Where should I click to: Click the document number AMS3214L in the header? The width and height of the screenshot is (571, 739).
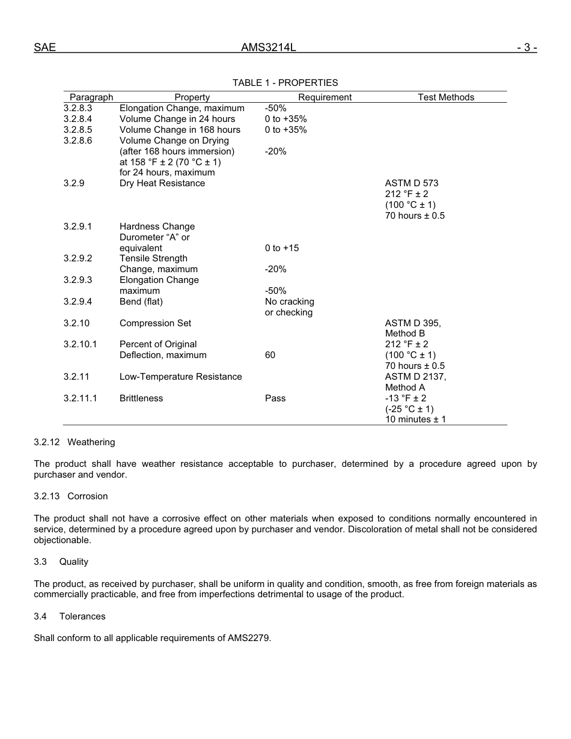269,47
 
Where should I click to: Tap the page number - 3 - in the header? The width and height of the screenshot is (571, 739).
526,47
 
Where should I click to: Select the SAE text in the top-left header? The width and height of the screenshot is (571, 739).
44,47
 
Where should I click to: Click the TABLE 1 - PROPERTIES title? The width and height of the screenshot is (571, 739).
285,83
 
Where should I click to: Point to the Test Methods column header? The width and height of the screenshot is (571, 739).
446,97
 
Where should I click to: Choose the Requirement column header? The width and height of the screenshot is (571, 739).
325,97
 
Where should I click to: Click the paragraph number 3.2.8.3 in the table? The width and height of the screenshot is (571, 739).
78,108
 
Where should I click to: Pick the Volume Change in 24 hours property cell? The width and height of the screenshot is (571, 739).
177,119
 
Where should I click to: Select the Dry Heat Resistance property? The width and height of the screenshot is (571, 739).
162,183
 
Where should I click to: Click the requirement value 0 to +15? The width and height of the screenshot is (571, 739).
282,248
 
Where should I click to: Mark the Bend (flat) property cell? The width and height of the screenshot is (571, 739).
141,302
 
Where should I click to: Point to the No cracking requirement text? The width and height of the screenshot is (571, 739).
290,302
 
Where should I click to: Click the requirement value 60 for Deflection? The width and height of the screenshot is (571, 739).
270,355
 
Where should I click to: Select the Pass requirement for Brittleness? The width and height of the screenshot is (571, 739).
275,398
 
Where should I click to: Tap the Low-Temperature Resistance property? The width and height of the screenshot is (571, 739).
181,377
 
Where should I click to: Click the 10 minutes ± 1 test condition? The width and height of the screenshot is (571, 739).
416,420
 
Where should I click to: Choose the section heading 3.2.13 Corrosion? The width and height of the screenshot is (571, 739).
71,496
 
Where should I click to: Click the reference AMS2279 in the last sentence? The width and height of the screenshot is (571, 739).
248,638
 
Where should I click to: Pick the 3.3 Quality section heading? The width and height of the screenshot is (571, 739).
61,562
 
